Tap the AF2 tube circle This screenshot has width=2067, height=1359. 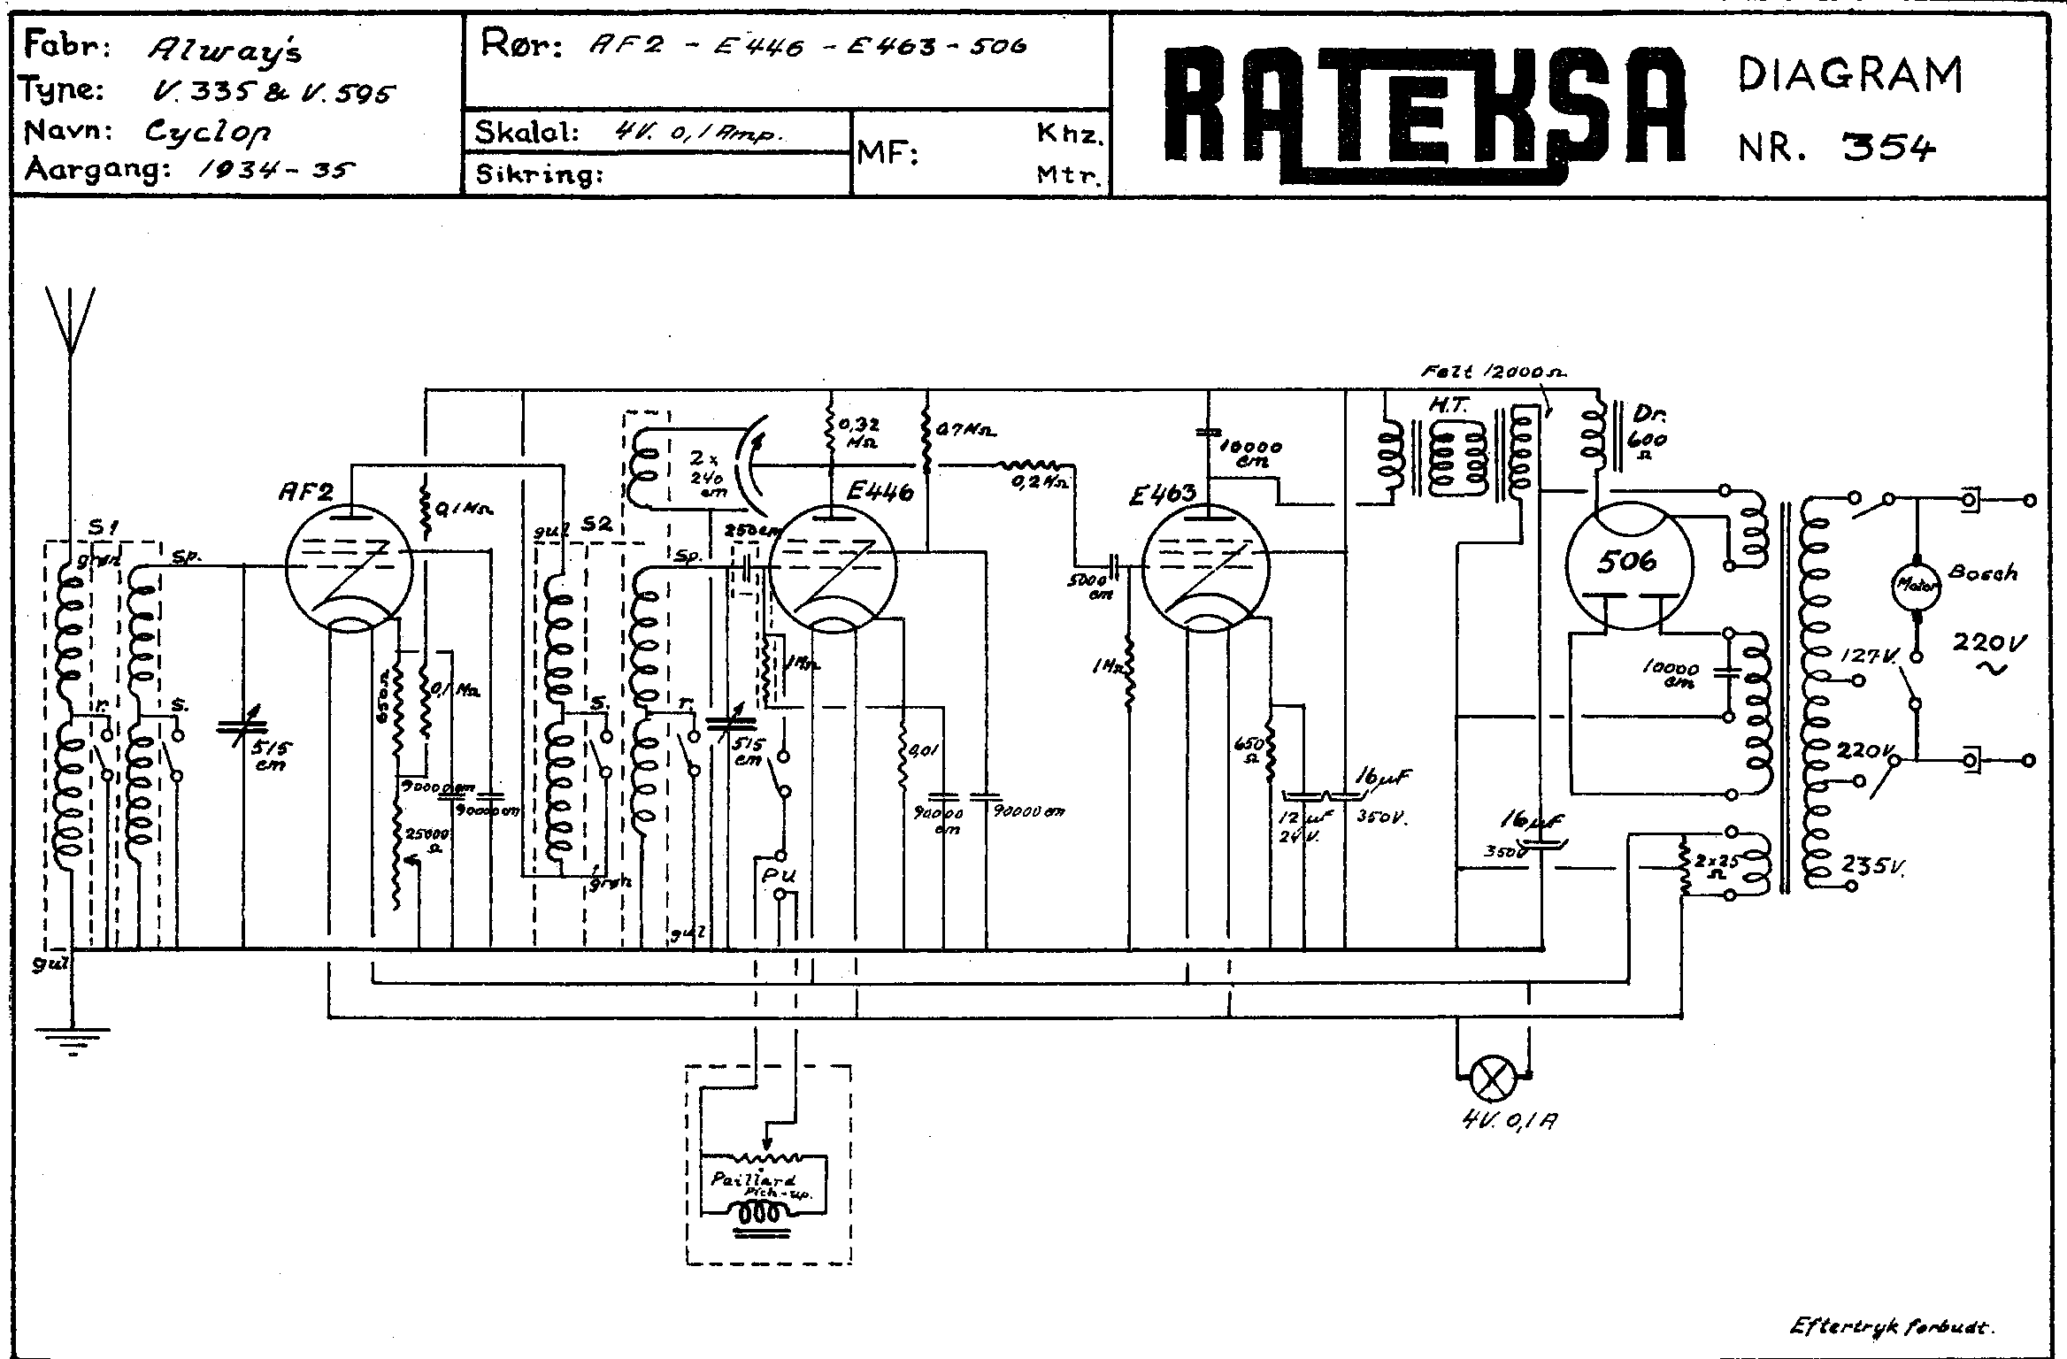point(350,566)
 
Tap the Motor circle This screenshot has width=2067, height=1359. point(1916,584)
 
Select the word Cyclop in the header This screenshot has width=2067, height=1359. point(208,133)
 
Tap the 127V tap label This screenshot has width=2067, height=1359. point(1869,656)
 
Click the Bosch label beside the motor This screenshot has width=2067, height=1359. point(1983,573)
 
